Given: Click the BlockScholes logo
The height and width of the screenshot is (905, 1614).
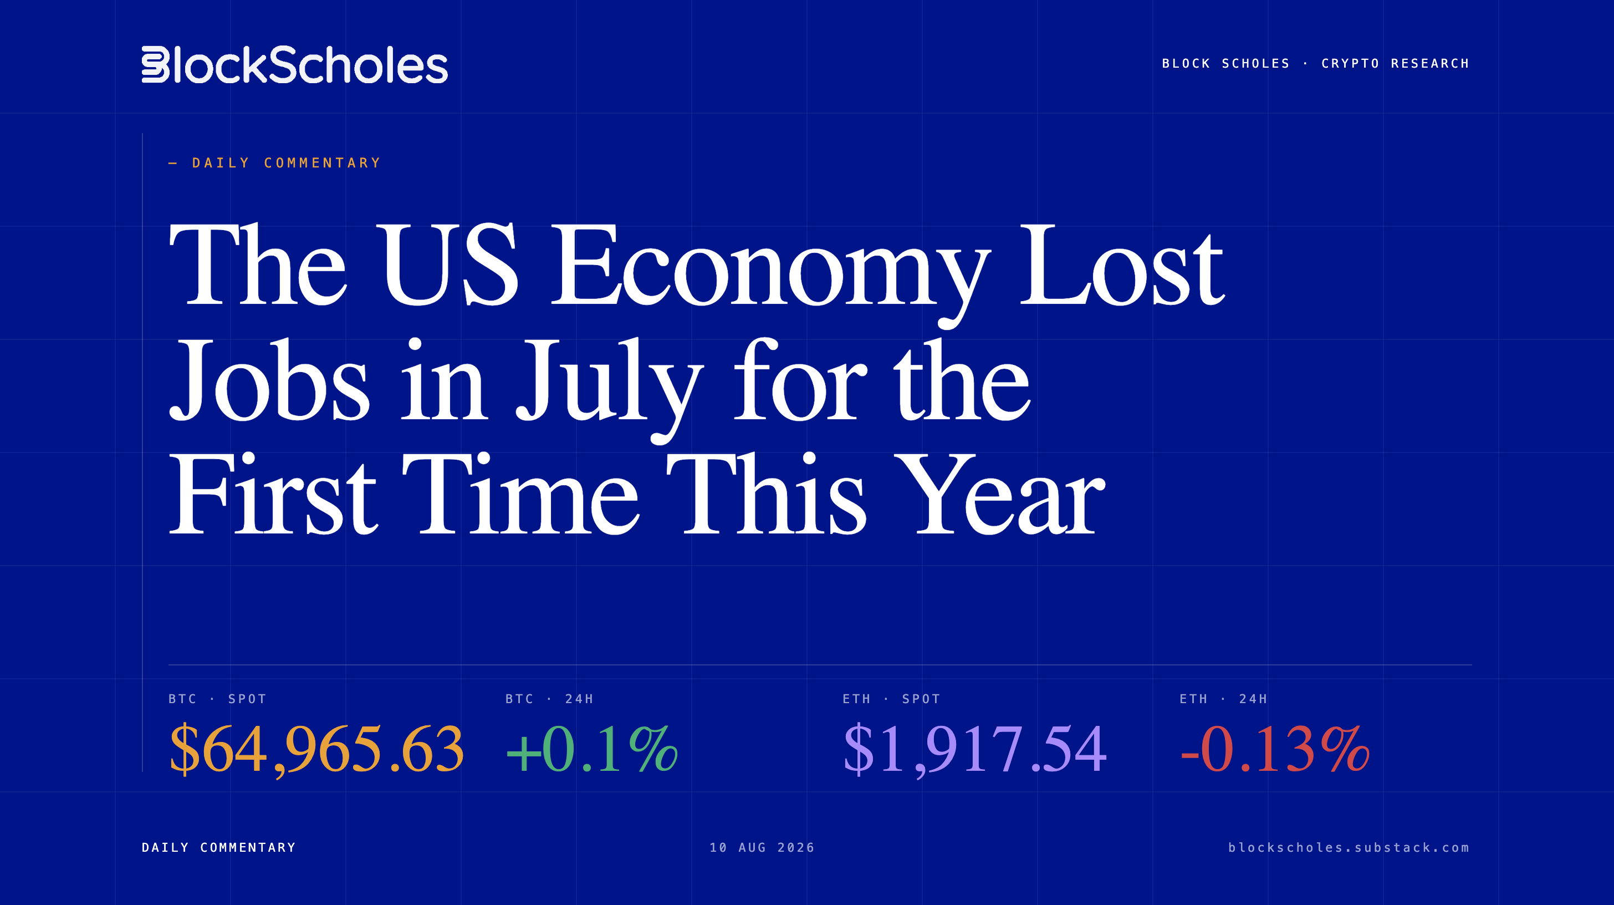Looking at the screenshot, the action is click(294, 64).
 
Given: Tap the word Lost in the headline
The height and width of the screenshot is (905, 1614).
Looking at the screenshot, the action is click(1121, 266).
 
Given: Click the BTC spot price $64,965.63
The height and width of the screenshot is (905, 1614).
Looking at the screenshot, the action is click(316, 749).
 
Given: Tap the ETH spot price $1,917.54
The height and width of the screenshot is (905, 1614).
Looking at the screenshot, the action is click(975, 749).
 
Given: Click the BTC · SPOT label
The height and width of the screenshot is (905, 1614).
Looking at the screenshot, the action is click(217, 699).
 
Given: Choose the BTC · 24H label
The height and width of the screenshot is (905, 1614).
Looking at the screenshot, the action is click(549, 699).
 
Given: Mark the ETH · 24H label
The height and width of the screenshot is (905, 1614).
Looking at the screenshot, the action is click(1224, 699).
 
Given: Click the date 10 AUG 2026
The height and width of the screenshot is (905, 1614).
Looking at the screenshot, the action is click(762, 847).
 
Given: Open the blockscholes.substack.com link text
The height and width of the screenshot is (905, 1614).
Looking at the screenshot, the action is click(1349, 847).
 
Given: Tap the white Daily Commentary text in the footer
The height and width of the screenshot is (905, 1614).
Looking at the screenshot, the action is click(219, 847).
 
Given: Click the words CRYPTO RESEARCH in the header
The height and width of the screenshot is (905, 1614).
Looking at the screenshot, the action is click(1395, 63).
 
